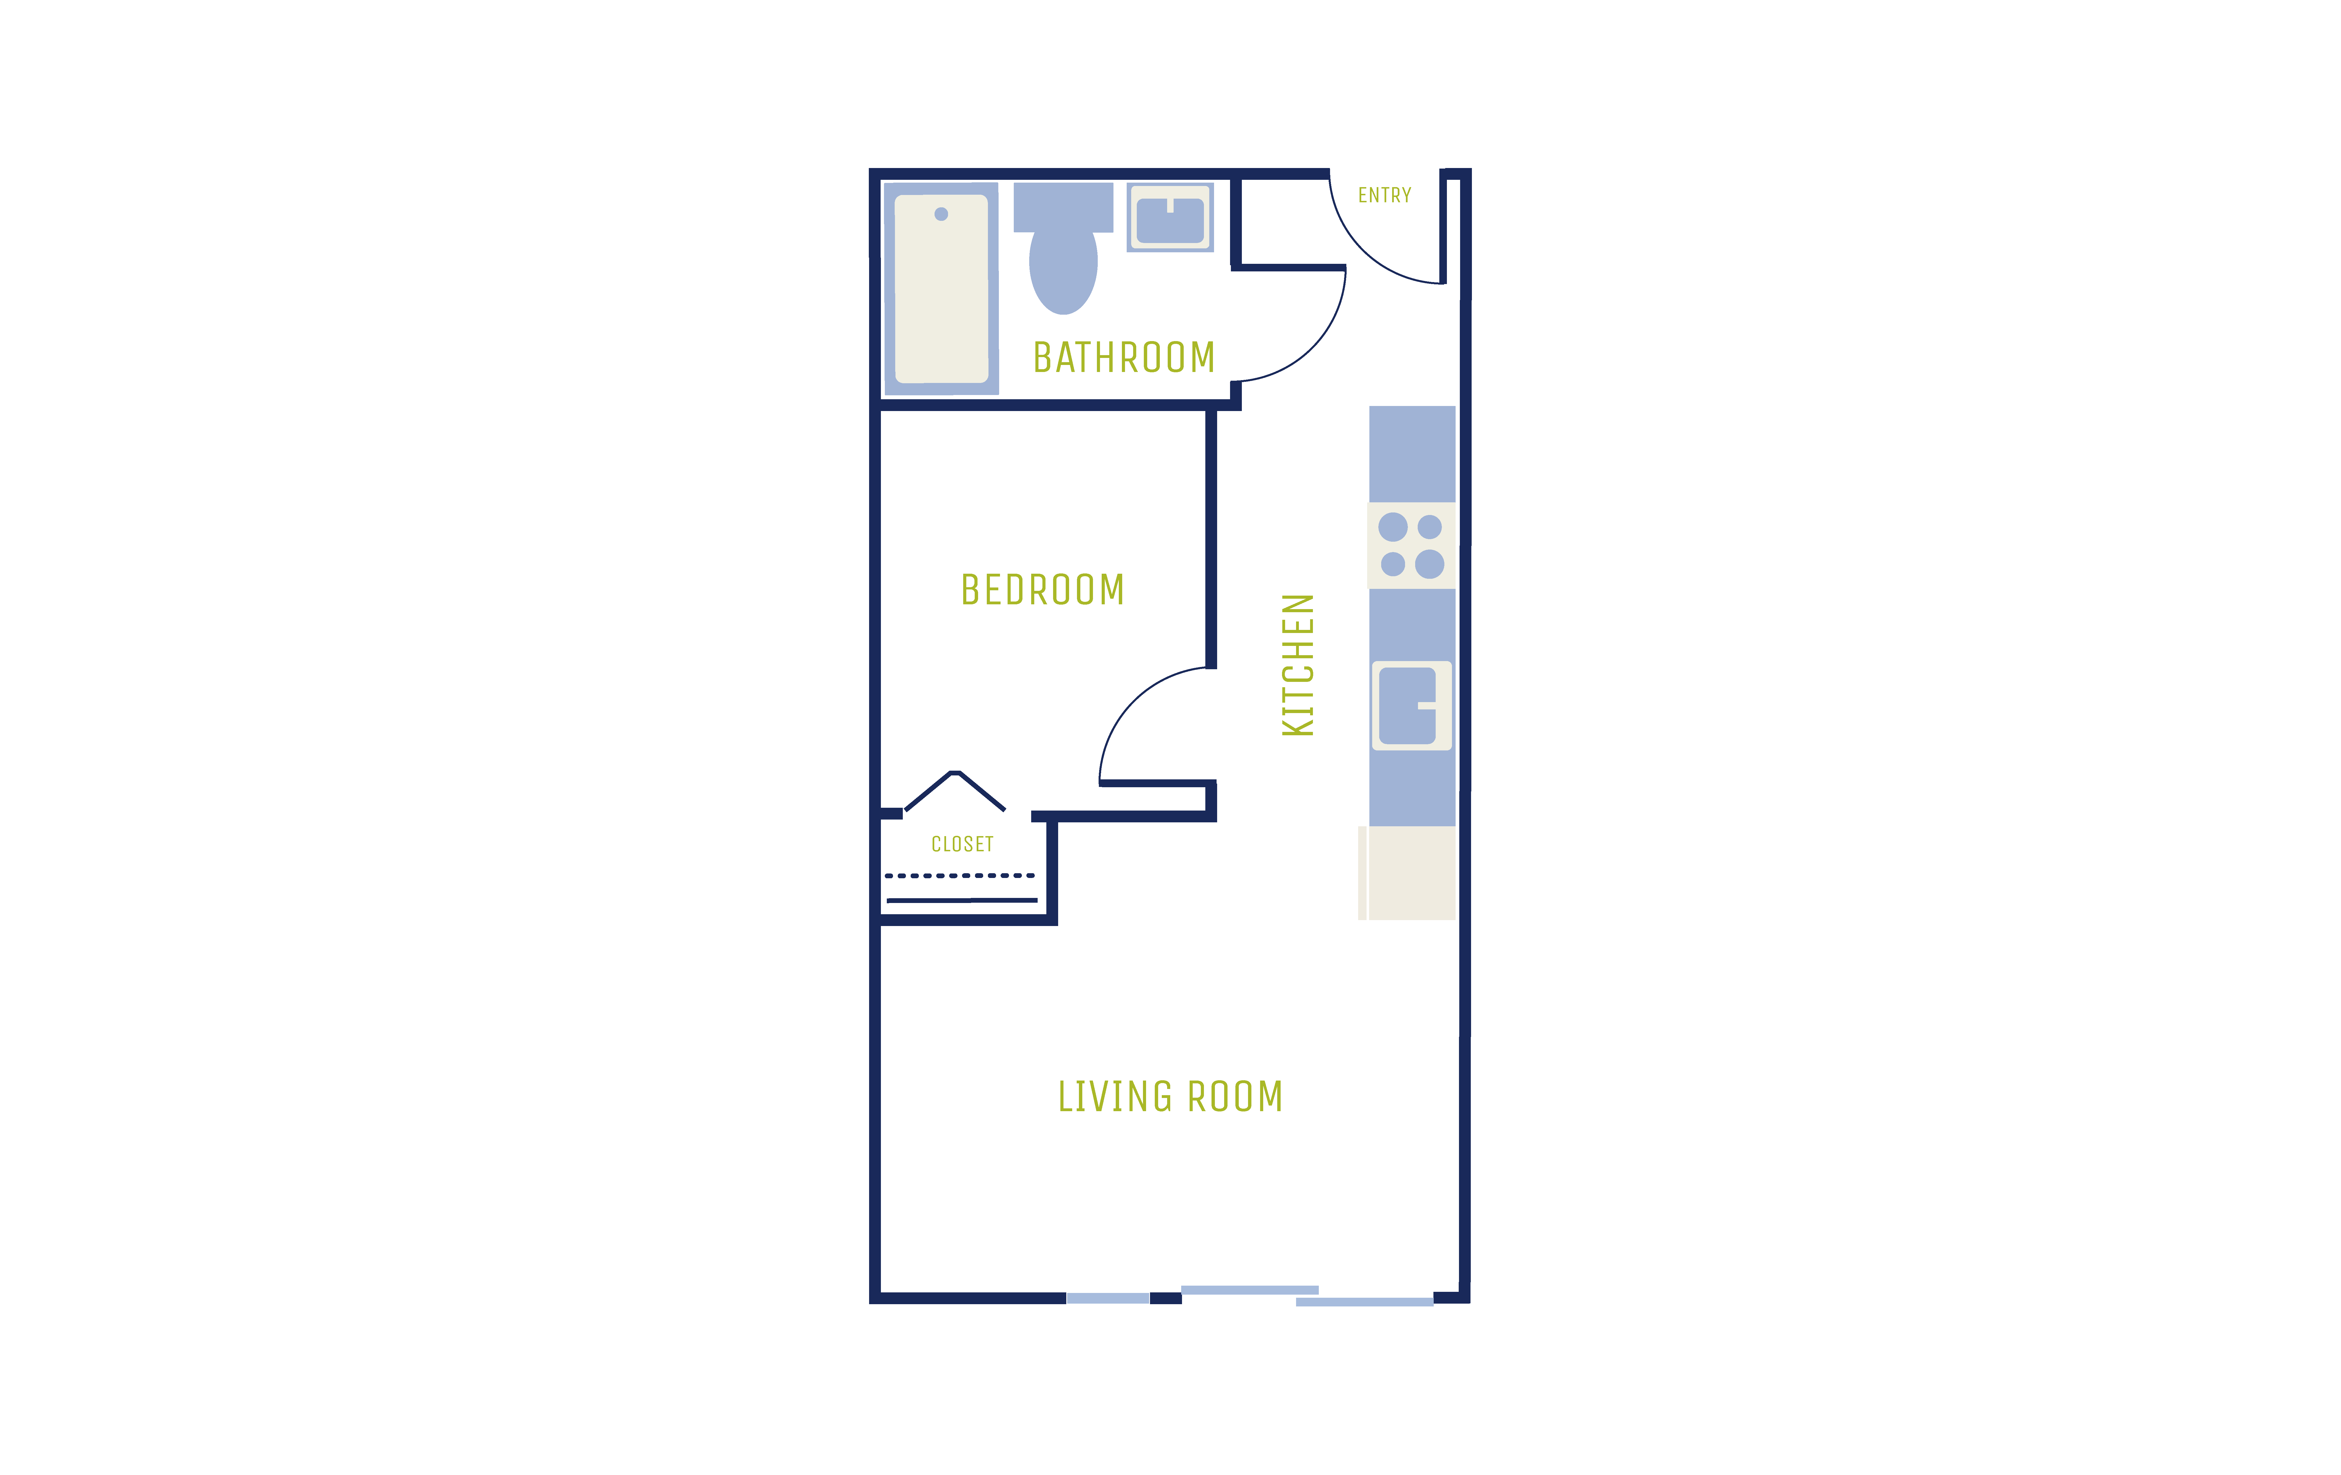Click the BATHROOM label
tap(1124, 357)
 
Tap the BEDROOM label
tap(1042, 589)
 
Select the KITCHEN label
tap(1298, 665)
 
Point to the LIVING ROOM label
tap(1170, 1097)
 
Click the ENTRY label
tap(1384, 196)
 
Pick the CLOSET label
tap(962, 844)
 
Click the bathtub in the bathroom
tap(941, 289)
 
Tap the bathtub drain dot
tap(941, 214)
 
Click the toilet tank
tap(1063, 207)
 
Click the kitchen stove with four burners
tap(1412, 545)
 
